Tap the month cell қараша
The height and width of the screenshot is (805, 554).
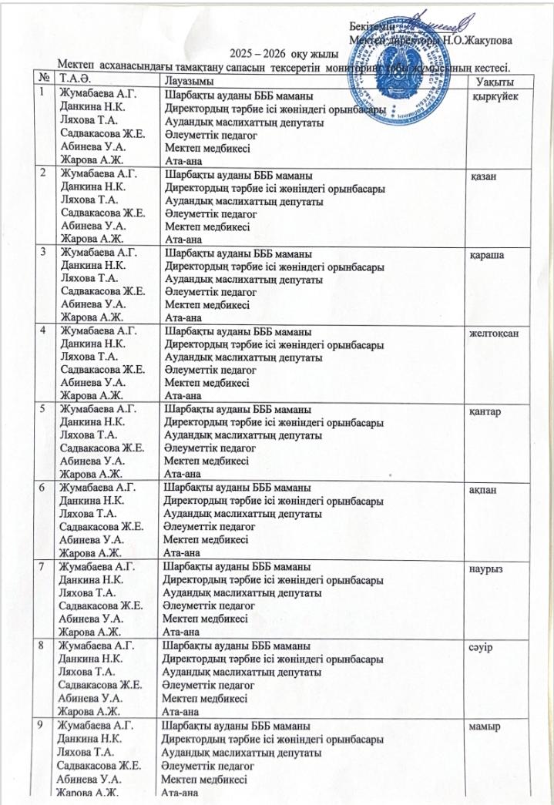pyautogui.click(x=488, y=255)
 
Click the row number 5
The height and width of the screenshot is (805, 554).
pyautogui.click(x=46, y=408)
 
